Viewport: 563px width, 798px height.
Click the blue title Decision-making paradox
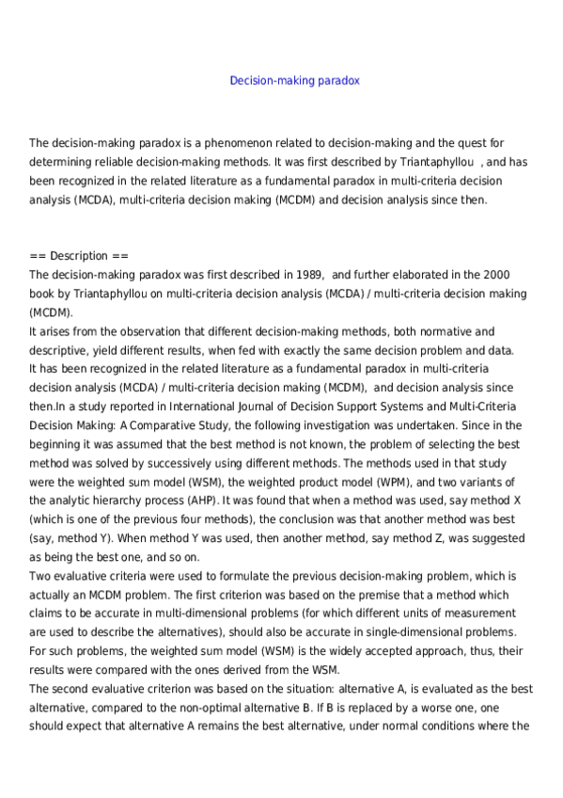tap(294, 81)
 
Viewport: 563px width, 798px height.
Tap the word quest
tap(479, 143)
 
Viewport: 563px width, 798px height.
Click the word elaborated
tap(411, 275)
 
